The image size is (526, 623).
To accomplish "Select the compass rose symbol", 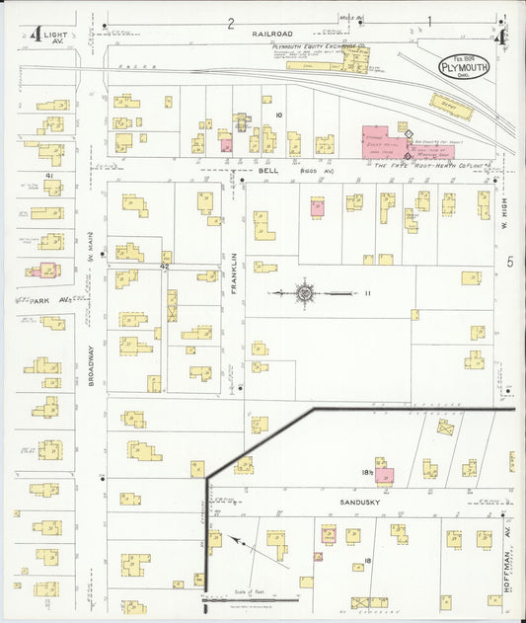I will (305, 292).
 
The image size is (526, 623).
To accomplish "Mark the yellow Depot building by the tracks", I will (451, 107).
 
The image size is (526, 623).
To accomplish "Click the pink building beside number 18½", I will (384, 476).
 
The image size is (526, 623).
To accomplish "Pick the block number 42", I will (166, 267).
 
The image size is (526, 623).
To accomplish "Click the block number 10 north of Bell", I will (279, 116).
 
